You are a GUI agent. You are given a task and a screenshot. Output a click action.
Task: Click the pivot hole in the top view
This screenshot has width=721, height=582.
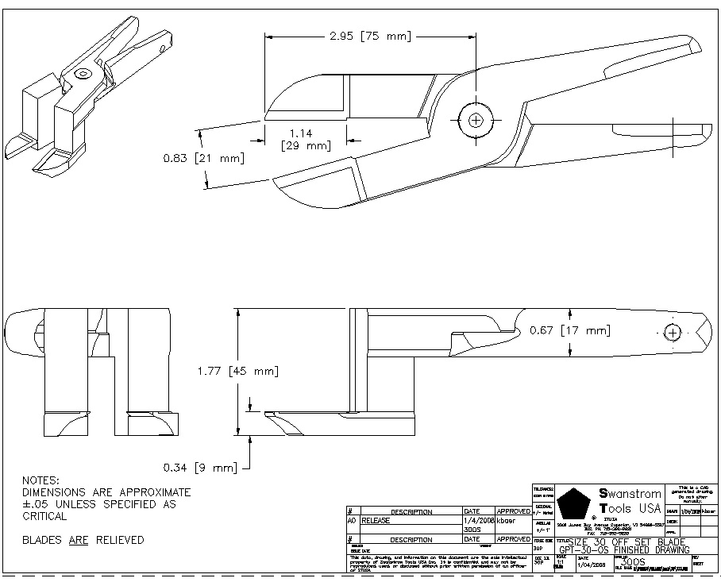pos(476,120)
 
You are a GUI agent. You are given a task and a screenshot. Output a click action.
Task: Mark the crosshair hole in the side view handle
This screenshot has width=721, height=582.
pos(673,333)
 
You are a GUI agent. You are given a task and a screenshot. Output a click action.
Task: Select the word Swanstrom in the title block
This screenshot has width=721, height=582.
pos(630,494)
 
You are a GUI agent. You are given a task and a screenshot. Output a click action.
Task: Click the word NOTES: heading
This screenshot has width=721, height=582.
pos(40,480)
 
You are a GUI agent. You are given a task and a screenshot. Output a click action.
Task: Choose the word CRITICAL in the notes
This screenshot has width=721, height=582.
pos(44,516)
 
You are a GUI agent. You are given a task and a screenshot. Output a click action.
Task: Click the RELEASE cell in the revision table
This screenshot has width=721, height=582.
pos(377,521)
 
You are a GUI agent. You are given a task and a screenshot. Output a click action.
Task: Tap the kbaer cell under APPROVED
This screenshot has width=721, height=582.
pos(507,521)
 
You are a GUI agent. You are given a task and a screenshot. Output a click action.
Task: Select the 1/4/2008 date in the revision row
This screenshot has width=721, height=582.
pos(478,521)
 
